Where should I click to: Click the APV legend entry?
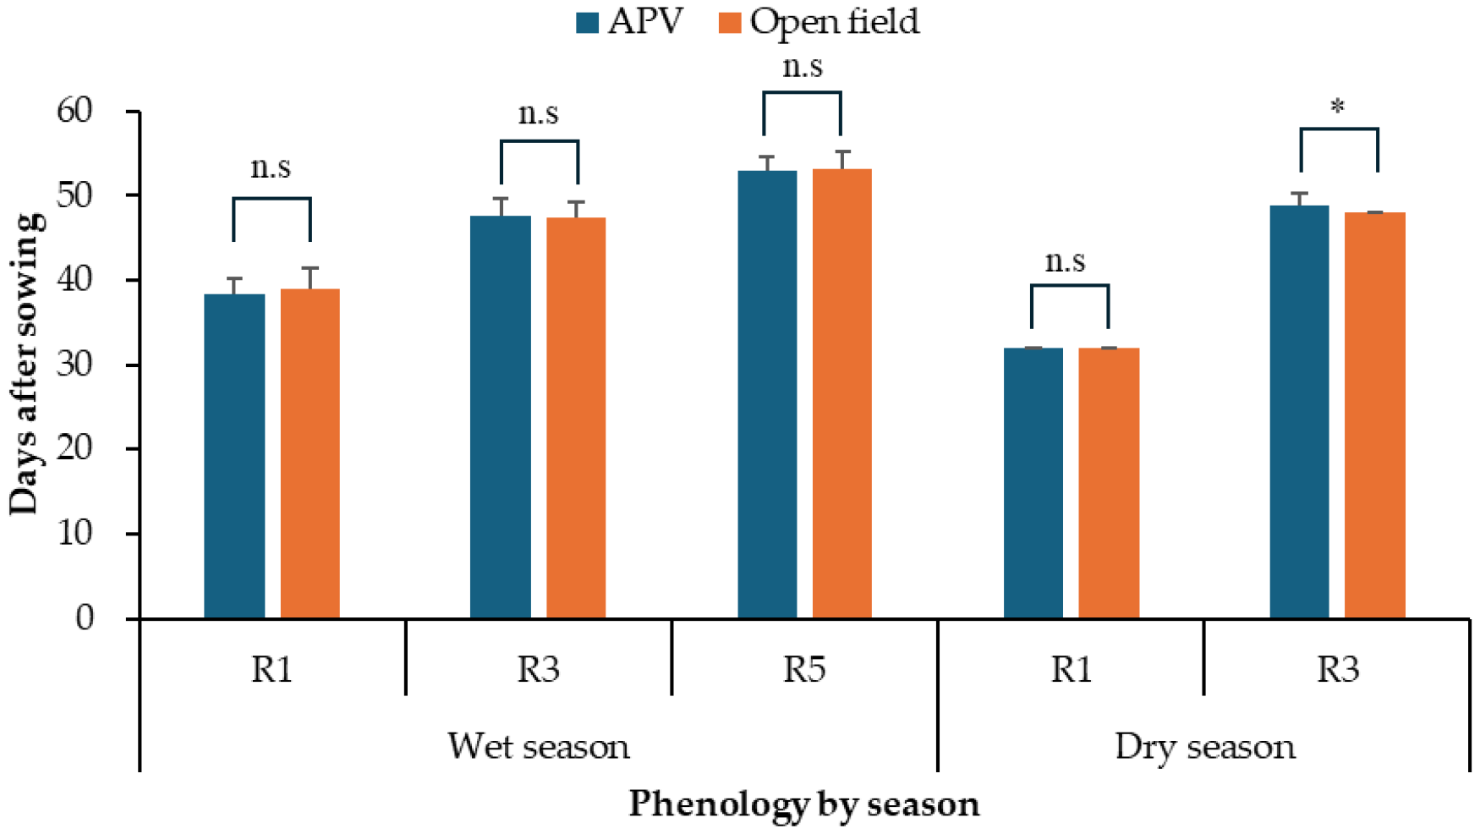(x=630, y=22)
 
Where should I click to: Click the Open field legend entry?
(x=819, y=22)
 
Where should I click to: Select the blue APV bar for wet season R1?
(x=234, y=457)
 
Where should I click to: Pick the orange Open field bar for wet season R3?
(x=576, y=419)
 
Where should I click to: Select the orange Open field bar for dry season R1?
(x=1109, y=483)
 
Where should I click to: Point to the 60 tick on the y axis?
(x=74, y=111)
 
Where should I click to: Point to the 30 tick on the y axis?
(x=74, y=365)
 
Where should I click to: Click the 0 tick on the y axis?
(x=85, y=618)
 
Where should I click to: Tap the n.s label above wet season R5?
(x=802, y=66)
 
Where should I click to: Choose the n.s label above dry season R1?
(x=1065, y=261)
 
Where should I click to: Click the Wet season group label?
(x=538, y=747)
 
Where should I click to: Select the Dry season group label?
(x=1204, y=747)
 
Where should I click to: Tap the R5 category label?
(x=803, y=669)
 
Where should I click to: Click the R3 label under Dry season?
(x=1337, y=669)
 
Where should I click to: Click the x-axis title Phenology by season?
(x=803, y=804)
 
